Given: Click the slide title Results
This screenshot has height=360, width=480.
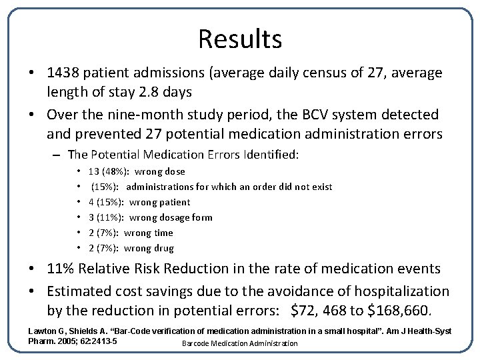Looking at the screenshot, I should [x=240, y=39].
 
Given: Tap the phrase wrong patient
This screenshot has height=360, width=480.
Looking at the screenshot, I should [x=159, y=202].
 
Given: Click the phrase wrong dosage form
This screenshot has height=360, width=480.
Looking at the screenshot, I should [x=171, y=217].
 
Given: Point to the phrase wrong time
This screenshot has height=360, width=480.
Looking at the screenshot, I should [x=148, y=233].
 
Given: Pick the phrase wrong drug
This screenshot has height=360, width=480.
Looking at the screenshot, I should [x=149, y=248].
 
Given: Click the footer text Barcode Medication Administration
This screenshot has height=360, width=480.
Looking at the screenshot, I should [x=239, y=343].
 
